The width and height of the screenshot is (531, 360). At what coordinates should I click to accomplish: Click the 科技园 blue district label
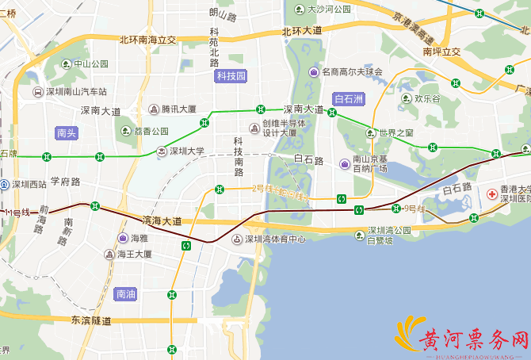[231, 76]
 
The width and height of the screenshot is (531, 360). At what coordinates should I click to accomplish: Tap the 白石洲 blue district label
[349, 99]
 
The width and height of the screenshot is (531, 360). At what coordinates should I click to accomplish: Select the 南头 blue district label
[67, 133]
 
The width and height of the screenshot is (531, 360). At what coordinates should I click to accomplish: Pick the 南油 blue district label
[126, 293]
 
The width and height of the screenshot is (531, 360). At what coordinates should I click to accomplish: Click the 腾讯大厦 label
[178, 109]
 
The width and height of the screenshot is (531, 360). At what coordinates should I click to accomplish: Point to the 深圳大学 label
[189, 151]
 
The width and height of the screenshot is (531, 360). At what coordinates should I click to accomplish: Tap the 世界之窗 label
[396, 132]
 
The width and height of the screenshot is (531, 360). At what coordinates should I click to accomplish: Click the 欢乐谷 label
[426, 99]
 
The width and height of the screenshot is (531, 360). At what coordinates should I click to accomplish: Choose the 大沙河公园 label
[329, 10]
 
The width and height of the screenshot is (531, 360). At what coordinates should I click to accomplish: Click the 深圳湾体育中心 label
[274, 238]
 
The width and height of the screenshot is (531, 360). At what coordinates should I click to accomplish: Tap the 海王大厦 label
[134, 255]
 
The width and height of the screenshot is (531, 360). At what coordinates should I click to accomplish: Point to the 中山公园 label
[90, 63]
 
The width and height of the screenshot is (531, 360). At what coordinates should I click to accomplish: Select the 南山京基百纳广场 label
[369, 164]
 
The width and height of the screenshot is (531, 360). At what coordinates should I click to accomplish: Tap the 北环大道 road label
[302, 30]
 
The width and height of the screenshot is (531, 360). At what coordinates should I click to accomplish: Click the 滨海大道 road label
[162, 220]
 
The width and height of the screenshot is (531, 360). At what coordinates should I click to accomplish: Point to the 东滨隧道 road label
[91, 320]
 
